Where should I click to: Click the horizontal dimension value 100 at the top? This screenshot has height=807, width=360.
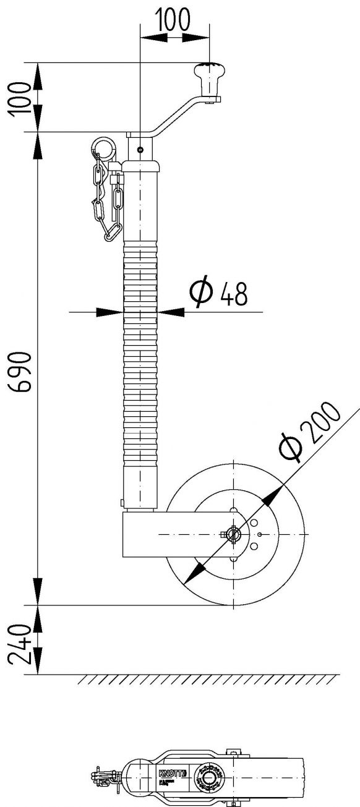click(174, 20)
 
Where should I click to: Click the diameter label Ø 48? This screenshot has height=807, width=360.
click(218, 294)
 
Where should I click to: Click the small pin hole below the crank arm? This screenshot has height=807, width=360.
click(140, 148)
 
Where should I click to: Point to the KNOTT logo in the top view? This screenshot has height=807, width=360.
click(168, 773)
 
